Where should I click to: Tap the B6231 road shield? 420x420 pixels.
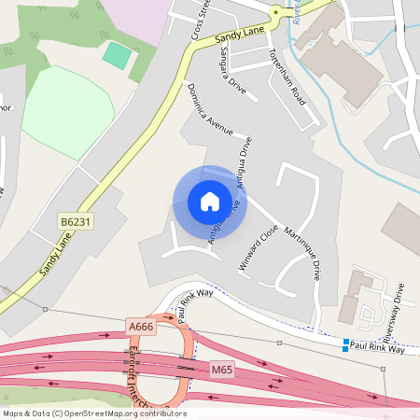coord(76,222)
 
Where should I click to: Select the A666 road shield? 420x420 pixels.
coord(140,326)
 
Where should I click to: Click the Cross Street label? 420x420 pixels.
coord(201,18)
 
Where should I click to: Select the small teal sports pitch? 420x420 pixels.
coord(117,54)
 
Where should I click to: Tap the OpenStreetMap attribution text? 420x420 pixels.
coord(94,413)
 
